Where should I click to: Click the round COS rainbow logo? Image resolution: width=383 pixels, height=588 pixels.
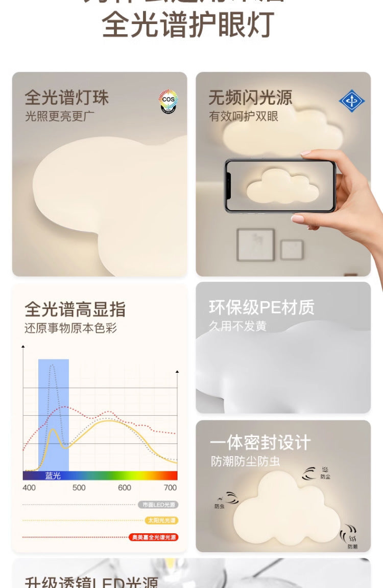pyautogui.click(x=168, y=101)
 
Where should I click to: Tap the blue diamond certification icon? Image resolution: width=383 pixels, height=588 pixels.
pyautogui.click(x=352, y=101)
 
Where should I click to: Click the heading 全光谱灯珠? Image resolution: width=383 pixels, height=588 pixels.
pyautogui.click(x=67, y=98)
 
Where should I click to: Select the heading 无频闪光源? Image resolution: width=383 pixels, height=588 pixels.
pyautogui.click(x=250, y=97)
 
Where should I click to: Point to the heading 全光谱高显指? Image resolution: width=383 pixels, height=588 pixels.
pyautogui.click(x=75, y=309)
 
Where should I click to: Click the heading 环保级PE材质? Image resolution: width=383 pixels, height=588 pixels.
pyautogui.click(x=262, y=307)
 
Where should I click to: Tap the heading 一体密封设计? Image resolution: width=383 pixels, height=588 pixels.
pyautogui.click(x=260, y=442)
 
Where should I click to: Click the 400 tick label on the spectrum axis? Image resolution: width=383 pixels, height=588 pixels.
pyautogui.click(x=29, y=488)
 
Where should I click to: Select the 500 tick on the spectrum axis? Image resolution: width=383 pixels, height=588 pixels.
pyautogui.click(x=79, y=488)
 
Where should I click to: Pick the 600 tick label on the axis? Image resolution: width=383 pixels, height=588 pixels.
pyautogui.click(x=125, y=488)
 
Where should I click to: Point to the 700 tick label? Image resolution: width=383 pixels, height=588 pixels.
pyautogui.click(x=170, y=488)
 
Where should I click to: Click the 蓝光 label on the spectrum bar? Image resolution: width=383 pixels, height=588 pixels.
pyautogui.click(x=53, y=476)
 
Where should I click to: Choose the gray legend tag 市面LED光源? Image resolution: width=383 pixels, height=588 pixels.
pyautogui.click(x=158, y=505)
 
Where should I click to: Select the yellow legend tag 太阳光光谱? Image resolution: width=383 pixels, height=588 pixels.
pyautogui.click(x=161, y=521)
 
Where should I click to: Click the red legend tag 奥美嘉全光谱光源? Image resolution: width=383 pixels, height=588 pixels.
pyautogui.click(x=154, y=537)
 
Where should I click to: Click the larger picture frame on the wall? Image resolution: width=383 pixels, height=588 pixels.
pyautogui.click(x=255, y=244)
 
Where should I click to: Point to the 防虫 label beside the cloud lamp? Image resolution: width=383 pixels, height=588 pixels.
pyautogui.click(x=220, y=506)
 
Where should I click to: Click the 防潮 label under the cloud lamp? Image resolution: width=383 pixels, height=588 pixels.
pyautogui.click(x=352, y=546)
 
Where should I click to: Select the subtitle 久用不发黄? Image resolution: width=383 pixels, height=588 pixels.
pyautogui.click(x=237, y=326)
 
